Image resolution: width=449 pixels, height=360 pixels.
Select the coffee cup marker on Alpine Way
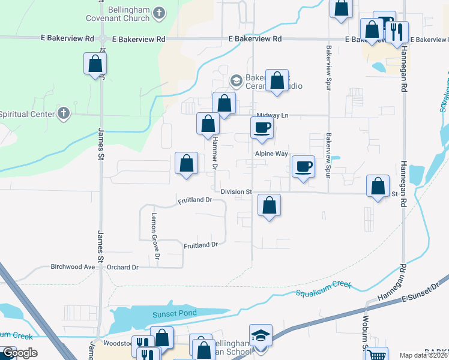coord(262,128)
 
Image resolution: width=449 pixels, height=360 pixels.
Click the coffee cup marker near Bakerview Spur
coord(303,166)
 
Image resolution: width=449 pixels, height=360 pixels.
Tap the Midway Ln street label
coord(273,115)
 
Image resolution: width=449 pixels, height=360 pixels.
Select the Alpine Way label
coord(271,154)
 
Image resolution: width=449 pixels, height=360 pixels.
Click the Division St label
coord(235,192)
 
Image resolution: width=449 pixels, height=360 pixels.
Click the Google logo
coord(19,353)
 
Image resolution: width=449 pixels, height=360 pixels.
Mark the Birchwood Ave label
coord(73,267)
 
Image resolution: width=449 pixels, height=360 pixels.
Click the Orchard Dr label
coord(122,267)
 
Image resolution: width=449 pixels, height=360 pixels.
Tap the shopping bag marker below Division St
coord(270,206)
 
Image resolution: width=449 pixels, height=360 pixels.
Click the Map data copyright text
coord(423,355)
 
